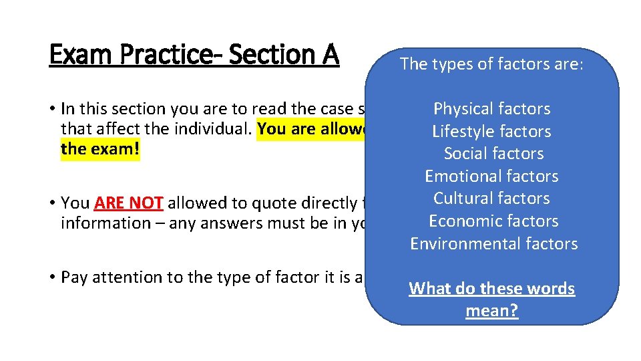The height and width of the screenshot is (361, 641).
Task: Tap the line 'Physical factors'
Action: pos(492,109)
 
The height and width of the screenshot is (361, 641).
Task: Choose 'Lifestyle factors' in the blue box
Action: pos(492,132)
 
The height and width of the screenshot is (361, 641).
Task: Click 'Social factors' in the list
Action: pos(494,154)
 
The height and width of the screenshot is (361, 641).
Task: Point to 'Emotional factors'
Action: pos(492,176)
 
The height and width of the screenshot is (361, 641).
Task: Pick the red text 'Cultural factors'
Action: pos(492,199)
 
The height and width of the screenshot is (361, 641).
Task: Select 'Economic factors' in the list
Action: pos(493,221)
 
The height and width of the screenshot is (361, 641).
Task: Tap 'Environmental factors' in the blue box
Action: pos(493,244)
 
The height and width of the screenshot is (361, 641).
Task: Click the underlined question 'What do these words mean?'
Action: pos(492,299)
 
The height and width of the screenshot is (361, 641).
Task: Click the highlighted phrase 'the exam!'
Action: pos(100,148)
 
